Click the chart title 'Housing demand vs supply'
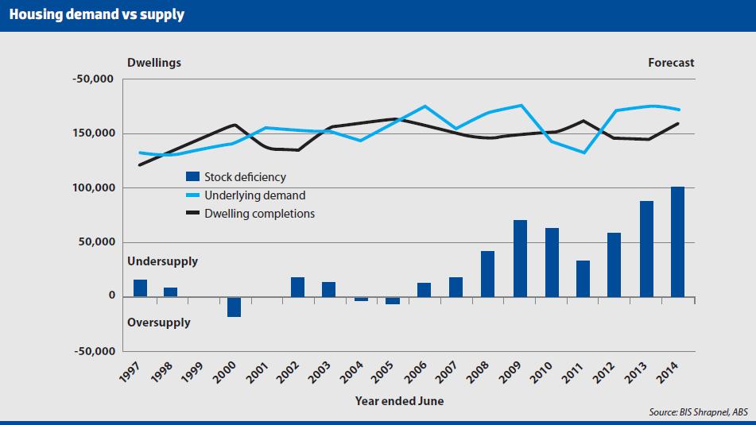(96, 15)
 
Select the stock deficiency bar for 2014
(677, 241)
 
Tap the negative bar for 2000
(235, 307)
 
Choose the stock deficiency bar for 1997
(140, 288)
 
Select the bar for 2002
(297, 287)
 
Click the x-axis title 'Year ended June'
(399, 401)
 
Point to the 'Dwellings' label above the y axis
(154, 63)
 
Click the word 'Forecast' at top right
(671, 63)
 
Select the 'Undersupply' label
(162, 261)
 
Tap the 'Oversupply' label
(159, 323)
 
